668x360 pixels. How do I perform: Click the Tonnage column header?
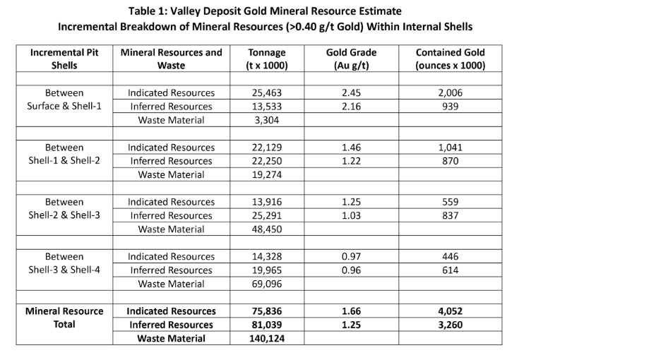pyautogui.click(x=267, y=59)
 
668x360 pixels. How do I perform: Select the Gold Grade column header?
pyautogui.click(x=351, y=59)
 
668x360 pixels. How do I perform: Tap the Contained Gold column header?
pyautogui.click(x=450, y=59)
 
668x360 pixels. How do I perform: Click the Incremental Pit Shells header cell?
pyautogui.click(x=64, y=59)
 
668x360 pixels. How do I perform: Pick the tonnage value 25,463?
pyautogui.click(x=267, y=93)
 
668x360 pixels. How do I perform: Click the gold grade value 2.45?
pyautogui.click(x=351, y=93)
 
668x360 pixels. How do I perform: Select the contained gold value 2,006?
pyautogui.click(x=450, y=93)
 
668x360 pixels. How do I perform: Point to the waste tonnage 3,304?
pyautogui.click(x=267, y=120)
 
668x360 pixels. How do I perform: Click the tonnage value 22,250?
pyautogui.click(x=267, y=161)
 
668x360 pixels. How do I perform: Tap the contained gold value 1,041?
pyautogui.click(x=450, y=148)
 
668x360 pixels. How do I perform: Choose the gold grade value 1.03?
pyautogui.click(x=351, y=215)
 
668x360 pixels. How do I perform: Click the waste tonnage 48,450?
pyautogui.click(x=267, y=229)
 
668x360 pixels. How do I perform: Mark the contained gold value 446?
pyautogui.click(x=450, y=257)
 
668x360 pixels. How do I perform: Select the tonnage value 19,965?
pyautogui.click(x=267, y=270)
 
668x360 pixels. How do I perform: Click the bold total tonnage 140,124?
pyautogui.click(x=267, y=339)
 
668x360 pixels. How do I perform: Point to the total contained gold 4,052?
pyautogui.click(x=450, y=311)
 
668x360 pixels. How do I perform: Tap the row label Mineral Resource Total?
pyautogui.click(x=64, y=318)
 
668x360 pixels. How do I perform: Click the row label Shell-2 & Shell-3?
pyautogui.click(x=64, y=215)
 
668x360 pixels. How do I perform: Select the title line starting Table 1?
pyautogui.click(x=265, y=11)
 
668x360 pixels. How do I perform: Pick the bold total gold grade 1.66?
pyautogui.click(x=351, y=311)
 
